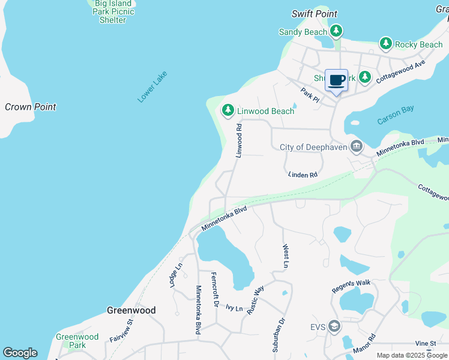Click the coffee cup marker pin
tap(337, 80)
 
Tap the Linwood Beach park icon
tap(228, 110)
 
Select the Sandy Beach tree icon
tap(336, 31)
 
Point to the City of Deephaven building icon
tap(357, 146)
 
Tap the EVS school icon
tap(334, 326)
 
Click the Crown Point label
tap(30, 107)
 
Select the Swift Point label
tap(314, 14)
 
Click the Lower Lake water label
tap(152, 87)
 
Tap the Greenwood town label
tap(131, 310)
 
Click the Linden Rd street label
tap(302, 175)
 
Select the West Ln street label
tap(286, 256)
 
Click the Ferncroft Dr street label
tap(214, 290)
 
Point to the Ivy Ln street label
tap(234, 308)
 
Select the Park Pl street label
tap(310, 95)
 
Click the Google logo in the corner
tap(20, 353)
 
